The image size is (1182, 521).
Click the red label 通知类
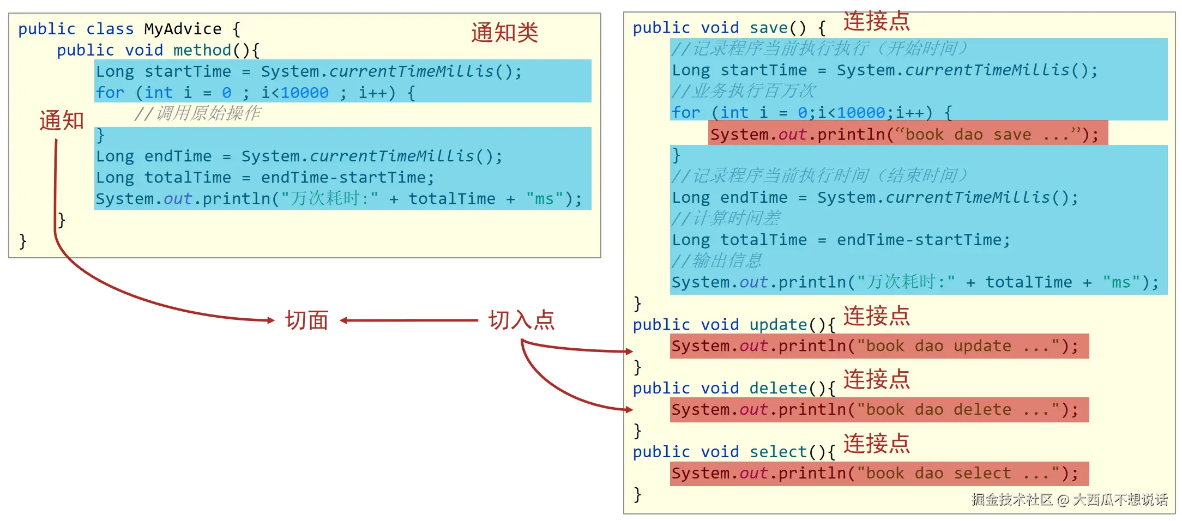pos(504,33)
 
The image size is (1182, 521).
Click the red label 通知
pos(62,120)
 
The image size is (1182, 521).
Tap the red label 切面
pos(307,320)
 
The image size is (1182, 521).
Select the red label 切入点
pos(521,320)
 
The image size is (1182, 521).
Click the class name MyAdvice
pos(183,29)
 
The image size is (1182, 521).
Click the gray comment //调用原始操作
pos(197,113)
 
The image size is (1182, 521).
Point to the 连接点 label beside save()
pos(876,22)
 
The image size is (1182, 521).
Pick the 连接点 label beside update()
pos(876,316)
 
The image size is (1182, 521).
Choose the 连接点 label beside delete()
pos(876,379)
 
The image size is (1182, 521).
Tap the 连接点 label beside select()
pos(876,444)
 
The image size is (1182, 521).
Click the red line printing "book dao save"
pos(907,134)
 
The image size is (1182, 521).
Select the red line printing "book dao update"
pos(879,346)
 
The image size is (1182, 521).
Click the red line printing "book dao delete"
pos(879,410)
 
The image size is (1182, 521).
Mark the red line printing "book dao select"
pos(879,474)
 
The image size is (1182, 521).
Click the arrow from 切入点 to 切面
pos(409,320)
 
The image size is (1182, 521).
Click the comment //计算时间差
pos(726,219)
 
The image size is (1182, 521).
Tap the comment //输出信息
pos(716,261)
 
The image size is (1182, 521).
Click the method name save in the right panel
pos(768,28)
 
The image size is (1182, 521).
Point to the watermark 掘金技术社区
pos(1012,500)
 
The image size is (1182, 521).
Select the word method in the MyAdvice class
pos(202,50)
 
